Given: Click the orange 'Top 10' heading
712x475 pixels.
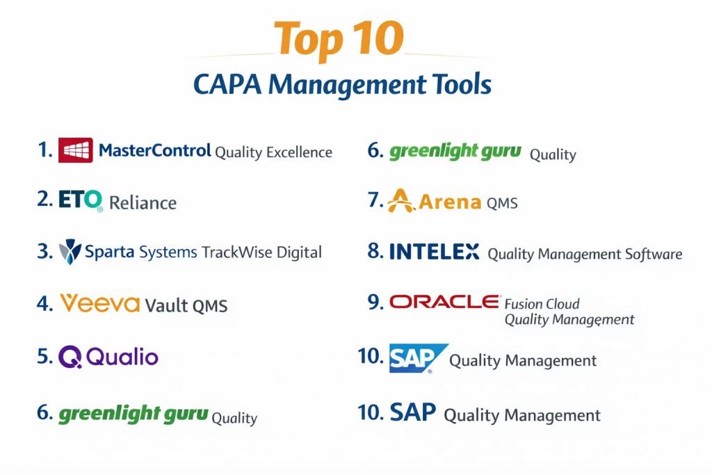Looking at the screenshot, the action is [339, 39].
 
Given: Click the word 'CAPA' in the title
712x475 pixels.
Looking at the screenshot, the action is [227, 84].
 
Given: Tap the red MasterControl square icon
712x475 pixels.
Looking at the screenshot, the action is [75, 150].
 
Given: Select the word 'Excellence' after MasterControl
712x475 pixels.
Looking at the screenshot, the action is [299, 152].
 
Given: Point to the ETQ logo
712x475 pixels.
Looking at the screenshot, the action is [81, 200].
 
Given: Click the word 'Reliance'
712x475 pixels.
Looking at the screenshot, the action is [143, 202].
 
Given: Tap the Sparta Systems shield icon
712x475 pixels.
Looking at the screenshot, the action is [70, 252].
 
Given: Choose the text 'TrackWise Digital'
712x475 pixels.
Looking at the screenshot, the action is [261, 252].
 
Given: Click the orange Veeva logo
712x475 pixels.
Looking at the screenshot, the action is [100, 303].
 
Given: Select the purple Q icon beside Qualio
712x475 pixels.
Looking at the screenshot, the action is [70, 357].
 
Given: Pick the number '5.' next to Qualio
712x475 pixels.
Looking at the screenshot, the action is [45, 357].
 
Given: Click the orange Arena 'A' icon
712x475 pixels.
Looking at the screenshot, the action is [400, 201].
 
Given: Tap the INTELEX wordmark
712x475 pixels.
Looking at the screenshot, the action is [434, 252].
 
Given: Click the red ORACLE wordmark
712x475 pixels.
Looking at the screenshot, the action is [444, 302].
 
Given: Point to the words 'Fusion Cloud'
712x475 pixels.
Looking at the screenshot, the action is [542, 304].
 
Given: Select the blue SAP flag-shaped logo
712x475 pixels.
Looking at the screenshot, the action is [418, 358].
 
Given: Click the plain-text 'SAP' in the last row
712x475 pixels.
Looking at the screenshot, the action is [413, 412].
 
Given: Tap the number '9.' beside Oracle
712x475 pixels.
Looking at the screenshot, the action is [375, 302].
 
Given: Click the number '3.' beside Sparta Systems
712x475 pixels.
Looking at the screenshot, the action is [45, 252].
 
